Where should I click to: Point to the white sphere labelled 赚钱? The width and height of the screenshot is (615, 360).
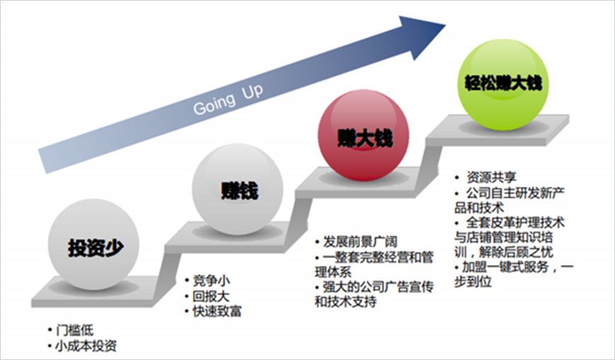pyautogui.click(x=238, y=190)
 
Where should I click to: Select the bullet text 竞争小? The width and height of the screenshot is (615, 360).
pyautogui.click(x=211, y=279)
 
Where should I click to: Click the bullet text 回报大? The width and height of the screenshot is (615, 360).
pyautogui.click(x=211, y=296)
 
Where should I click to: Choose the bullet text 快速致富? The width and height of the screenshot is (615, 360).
pyautogui.click(x=216, y=312)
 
